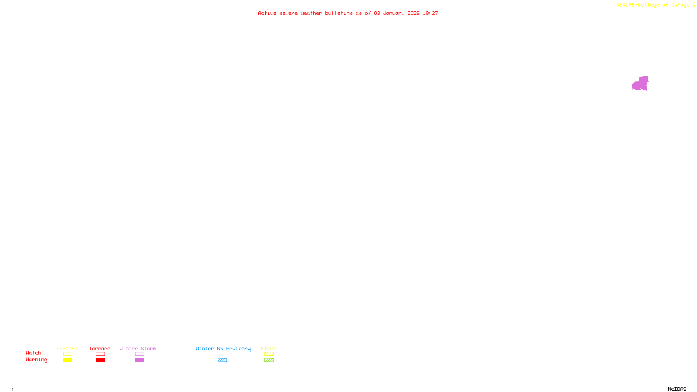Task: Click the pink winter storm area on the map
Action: point(640,84)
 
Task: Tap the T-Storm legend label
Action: point(67,348)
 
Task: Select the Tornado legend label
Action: point(100,348)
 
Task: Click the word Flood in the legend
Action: point(269,348)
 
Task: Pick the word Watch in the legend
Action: point(34,353)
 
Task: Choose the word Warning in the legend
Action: point(37,360)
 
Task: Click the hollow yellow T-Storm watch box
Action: point(68,354)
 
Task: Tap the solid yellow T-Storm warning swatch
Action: point(68,360)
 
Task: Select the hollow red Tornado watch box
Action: point(100,354)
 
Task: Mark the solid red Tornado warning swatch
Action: point(100,360)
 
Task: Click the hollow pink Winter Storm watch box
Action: point(139,354)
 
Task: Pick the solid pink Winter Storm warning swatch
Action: point(139,360)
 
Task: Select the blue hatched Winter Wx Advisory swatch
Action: point(222,360)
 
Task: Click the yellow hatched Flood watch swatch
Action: point(269,354)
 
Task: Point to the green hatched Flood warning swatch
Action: point(269,360)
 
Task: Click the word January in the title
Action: point(394,14)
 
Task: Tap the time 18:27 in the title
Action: point(430,14)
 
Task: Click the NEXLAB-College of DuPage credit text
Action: point(653,5)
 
